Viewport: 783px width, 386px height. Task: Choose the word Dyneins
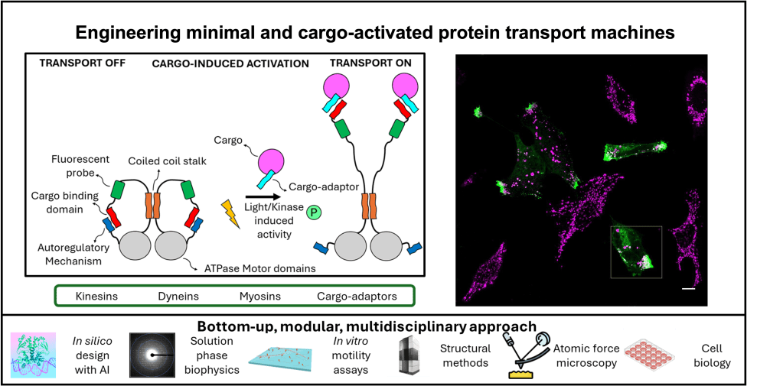[178, 294]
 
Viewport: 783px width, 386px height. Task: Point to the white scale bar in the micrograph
[688, 290]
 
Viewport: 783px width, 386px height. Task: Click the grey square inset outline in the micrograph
[636, 251]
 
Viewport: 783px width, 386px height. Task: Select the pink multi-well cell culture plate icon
[649, 355]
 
